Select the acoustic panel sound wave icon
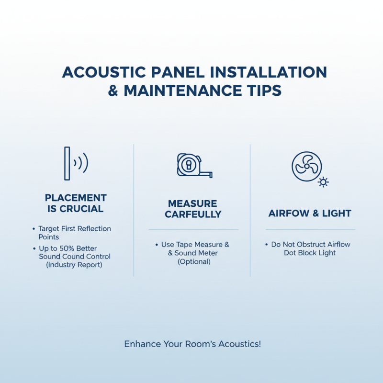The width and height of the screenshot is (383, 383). point(76,163)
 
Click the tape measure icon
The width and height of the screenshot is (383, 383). point(193,165)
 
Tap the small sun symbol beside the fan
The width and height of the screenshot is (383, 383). point(324,182)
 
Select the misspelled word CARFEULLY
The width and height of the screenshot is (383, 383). point(193,214)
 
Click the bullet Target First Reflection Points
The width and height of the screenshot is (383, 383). point(74,233)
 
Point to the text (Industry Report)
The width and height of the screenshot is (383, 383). point(74,265)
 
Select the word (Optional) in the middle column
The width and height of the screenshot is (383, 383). point(193,261)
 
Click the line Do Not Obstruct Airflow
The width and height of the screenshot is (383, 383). point(311,244)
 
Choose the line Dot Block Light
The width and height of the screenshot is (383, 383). point(309,253)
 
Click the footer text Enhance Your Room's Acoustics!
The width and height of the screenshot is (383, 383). point(192,344)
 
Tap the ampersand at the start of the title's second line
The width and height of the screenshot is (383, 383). point(113,91)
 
